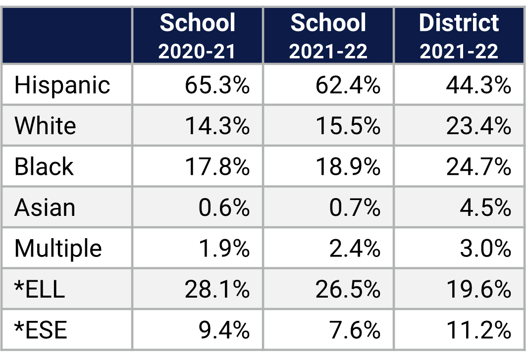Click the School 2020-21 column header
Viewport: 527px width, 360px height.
pos(198,36)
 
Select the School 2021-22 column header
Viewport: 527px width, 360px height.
pos(328,36)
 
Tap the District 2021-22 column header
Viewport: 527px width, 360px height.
pos(459,36)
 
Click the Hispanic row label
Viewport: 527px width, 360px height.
pos(62,85)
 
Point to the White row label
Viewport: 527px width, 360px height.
pos(45,126)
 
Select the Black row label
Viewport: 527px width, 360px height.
pos(44,167)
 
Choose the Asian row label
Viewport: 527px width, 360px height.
pos(45,207)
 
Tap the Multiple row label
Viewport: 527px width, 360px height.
pos(58,248)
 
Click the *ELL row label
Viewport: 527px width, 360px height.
pos(40,289)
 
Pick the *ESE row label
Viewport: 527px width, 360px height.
pos(41,330)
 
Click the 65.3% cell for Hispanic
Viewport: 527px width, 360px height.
pos(217,85)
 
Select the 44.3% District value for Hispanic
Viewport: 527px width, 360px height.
pos(478,85)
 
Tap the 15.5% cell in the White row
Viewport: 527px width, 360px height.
pos(348,126)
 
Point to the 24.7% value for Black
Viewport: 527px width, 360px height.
pos(478,167)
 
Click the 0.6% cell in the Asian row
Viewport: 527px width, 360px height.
pos(224,207)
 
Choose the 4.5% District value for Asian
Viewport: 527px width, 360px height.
pos(485,207)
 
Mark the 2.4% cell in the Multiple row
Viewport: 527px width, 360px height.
pos(355,248)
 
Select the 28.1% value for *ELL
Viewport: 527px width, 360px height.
pos(217,289)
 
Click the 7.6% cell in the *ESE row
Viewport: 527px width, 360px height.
pos(355,330)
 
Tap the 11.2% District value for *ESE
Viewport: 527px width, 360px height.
pos(478,330)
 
